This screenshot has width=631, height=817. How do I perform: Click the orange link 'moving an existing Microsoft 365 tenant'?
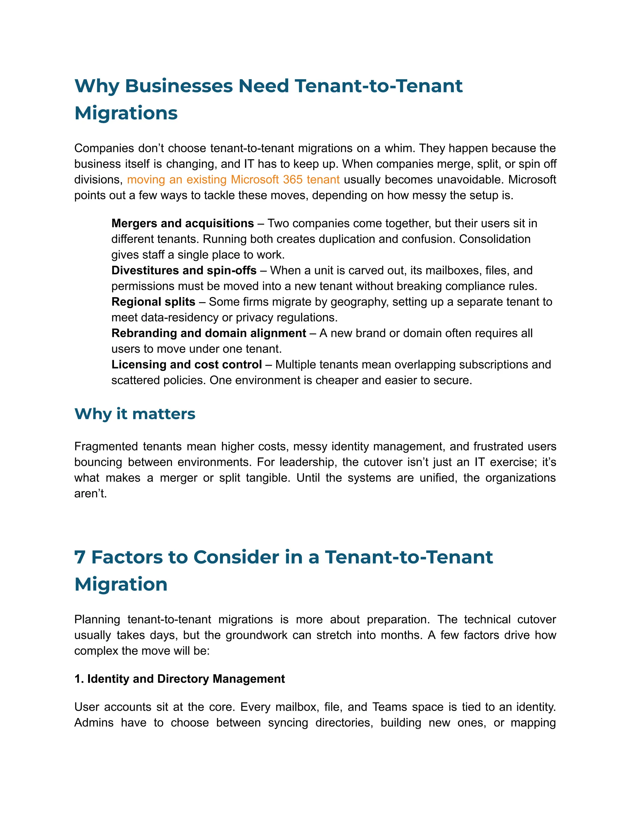click(x=233, y=179)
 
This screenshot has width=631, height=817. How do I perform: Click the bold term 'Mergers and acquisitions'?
click(x=182, y=223)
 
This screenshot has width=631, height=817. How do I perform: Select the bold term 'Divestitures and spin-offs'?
click(x=184, y=270)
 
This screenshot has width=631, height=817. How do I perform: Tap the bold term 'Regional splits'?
click(x=153, y=302)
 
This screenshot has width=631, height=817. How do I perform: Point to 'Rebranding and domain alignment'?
click(x=209, y=333)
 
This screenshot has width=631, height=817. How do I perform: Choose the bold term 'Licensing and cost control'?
click(x=186, y=364)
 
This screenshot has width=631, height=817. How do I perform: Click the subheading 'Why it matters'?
click(x=135, y=414)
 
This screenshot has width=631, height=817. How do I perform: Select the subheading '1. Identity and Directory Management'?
click(x=179, y=679)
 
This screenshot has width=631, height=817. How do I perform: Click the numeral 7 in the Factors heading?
click(x=80, y=557)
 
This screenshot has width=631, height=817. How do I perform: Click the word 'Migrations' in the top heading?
click(x=126, y=113)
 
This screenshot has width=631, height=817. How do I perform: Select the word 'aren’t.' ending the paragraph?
click(x=91, y=493)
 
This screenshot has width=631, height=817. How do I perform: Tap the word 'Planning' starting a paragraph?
click(x=97, y=619)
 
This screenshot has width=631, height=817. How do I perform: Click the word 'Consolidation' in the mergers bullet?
click(x=495, y=239)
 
